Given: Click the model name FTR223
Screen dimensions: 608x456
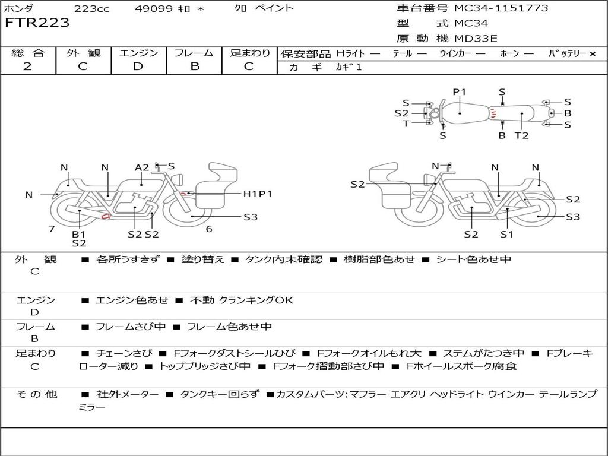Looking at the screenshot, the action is pos(37,23).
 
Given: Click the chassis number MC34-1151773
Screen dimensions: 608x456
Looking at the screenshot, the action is pos(501,8).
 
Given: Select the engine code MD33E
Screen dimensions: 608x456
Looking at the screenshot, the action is pos(476,39).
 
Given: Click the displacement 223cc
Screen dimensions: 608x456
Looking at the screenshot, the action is pos(91,8).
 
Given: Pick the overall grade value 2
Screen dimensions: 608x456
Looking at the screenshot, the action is pos(27,66).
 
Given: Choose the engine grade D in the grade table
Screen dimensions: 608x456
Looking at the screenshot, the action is pos(138,66).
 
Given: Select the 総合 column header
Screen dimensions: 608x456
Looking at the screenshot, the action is pos(28,53).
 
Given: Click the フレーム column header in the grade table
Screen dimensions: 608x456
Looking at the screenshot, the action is pos(194,53).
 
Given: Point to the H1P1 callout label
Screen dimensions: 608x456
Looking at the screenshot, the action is pos(257,194).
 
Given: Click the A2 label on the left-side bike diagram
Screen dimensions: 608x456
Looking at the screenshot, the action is pos(141,167).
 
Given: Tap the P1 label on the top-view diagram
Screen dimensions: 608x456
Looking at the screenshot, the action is pos(460,92).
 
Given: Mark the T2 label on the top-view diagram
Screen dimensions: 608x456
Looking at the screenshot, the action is pos(521,135).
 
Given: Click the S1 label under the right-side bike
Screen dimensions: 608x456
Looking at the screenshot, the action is pos(506,234).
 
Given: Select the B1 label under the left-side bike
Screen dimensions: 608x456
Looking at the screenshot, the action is pos(79,234).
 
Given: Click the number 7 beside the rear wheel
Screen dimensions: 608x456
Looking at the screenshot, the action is pos(52,229).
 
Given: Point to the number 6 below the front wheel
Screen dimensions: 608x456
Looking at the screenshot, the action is pos(209,229).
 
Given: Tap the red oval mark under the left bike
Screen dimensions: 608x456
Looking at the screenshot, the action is pos(106,216).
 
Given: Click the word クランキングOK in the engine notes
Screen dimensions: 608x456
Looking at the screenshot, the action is pos(256,300).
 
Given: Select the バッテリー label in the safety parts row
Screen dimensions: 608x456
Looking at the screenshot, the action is pos(567,53).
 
